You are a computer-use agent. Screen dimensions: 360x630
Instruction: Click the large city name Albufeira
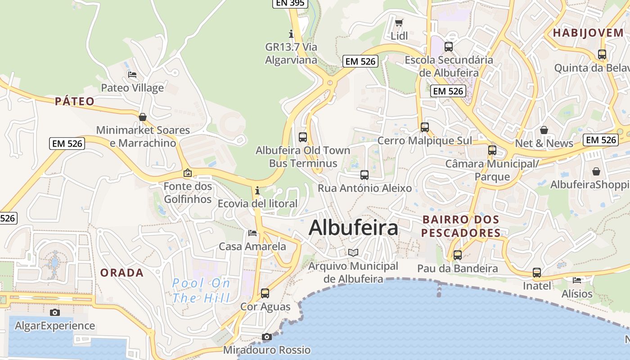click(353, 228)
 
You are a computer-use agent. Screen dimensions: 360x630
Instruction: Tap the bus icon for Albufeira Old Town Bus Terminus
click(303, 137)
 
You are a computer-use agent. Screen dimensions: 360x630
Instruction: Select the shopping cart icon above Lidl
click(399, 22)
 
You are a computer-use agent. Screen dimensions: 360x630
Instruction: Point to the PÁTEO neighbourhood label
click(75, 101)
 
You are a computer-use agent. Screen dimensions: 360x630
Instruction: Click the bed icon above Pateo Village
click(132, 74)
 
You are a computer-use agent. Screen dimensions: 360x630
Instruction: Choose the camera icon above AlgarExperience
click(54, 312)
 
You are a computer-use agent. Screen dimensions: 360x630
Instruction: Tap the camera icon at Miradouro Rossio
click(267, 337)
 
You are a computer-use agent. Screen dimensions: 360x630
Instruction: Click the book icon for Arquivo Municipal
click(353, 253)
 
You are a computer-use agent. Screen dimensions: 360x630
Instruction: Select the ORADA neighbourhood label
click(122, 273)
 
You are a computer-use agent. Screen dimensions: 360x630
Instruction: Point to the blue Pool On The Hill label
click(201, 290)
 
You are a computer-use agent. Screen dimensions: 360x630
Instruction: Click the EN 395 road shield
click(290, 3)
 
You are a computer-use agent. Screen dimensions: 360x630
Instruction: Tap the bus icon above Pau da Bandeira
click(458, 255)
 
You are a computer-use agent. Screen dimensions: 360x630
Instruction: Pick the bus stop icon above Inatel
click(537, 272)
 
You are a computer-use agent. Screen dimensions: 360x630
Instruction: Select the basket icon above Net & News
click(544, 130)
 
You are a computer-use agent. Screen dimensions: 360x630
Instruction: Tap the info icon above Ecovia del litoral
click(257, 190)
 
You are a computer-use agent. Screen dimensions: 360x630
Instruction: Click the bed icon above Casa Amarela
click(252, 233)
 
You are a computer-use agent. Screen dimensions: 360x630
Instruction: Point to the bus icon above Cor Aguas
click(265, 293)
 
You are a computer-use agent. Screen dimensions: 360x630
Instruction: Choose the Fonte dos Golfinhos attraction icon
click(188, 173)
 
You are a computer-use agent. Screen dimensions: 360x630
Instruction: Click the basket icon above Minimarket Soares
click(143, 117)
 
